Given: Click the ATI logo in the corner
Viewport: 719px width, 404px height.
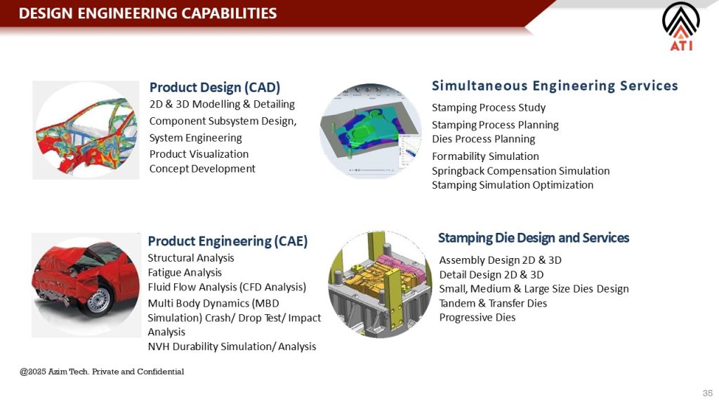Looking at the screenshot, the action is [x=681, y=27].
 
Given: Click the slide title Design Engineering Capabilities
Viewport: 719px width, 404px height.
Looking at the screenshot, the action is [x=147, y=13].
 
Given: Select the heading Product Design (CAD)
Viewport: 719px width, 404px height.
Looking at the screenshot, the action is [x=215, y=87].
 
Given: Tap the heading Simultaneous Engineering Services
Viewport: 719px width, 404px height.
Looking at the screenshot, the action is [x=555, y=86].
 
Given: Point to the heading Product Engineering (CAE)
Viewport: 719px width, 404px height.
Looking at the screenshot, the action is [x=227, y=241].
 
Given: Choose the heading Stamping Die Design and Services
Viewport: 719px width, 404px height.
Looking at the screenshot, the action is [x=534, y=238].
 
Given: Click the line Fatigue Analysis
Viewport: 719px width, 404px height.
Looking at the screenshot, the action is [x=185, y=273].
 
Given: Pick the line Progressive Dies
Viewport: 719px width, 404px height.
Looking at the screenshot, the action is [x=477, y=318].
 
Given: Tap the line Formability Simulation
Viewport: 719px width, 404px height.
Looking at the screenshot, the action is [x=485, y=156].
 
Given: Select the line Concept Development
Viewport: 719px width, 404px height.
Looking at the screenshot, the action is [x=202, y=168].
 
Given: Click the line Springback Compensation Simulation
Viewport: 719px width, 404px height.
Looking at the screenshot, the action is [x=520, y=171].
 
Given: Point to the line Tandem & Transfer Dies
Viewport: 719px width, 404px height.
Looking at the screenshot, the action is [x=493, y=303].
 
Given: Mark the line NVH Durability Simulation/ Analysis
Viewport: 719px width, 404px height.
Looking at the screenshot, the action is [x=232, y=346].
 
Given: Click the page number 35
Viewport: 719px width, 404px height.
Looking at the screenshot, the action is [x=708, y=393].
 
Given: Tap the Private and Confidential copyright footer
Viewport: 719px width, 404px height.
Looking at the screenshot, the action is [x=102, y=372].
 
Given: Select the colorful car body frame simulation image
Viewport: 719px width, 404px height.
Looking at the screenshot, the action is [x=86, y=130].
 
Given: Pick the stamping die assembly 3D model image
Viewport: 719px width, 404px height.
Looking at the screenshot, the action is [x=380, y=284].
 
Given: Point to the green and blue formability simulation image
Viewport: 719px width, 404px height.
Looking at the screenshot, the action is [x=371, y=130].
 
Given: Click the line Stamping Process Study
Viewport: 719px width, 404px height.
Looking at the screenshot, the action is [x=489, y=107].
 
